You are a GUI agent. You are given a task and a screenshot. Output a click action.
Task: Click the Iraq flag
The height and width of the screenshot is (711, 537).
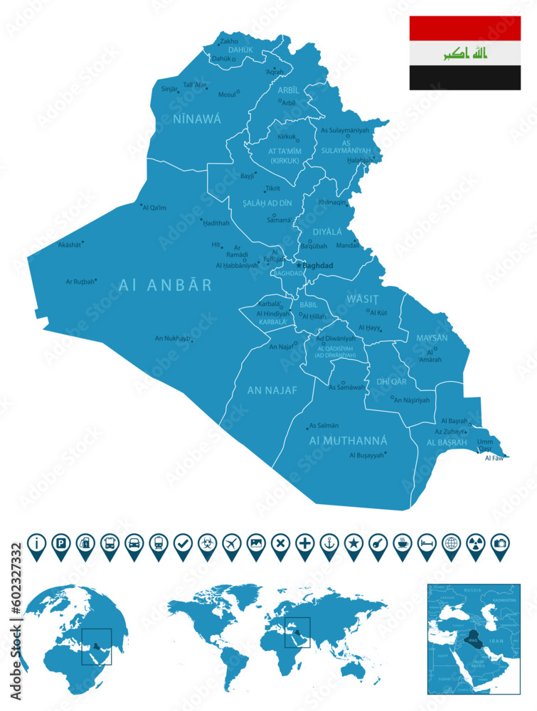[464, 53]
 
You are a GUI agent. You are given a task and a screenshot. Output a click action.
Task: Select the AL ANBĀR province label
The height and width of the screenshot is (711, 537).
[165, 285]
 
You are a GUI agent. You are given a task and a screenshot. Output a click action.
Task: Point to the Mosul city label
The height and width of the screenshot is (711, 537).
[227, 94]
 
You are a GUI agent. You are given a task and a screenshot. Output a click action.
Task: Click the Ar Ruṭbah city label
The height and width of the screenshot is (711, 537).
[80, 282]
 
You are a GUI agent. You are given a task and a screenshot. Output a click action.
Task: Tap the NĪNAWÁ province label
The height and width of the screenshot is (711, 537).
[197, 119]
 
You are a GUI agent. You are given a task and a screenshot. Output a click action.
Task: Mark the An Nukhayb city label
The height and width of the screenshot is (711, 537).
[172, 338]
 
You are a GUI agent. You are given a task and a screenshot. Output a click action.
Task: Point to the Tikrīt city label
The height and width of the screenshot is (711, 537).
[272, 188]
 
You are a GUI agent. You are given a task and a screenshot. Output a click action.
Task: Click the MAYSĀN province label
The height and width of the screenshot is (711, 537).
[432, 338]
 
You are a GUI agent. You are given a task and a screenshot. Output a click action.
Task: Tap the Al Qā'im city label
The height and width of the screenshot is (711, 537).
[154, 208]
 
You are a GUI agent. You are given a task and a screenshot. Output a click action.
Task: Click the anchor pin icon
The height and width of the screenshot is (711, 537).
[329, 543]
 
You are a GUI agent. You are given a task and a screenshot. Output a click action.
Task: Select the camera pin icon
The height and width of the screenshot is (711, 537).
[500, 543]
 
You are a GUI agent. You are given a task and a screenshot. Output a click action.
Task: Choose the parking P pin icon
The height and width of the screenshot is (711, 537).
[61, 543]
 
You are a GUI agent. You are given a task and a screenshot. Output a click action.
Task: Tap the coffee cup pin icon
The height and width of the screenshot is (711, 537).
[402, 543]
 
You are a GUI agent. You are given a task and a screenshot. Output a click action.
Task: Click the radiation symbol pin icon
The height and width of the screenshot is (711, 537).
[475, 543]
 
